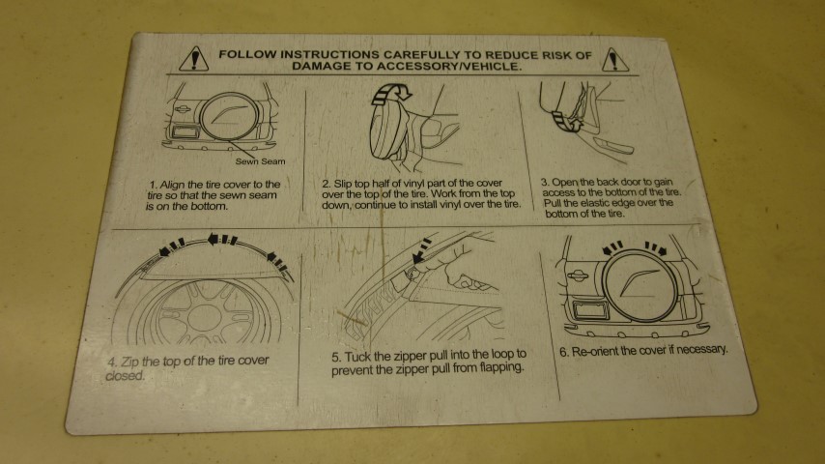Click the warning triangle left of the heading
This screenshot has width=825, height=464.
pyautogui.click(x=193, y=60)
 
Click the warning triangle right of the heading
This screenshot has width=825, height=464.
pyautogui.click(x=614, y=60)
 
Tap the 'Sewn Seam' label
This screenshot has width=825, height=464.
pyautogui.click(x=260, y=161)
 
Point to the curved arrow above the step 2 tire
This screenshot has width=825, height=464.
pyautogui.click(x=391, y=93)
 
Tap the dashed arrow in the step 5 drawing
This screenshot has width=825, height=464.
pyautogui.click(x=422, y=251)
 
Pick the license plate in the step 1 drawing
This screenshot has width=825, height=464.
pyautogui.click(x=184, y=131)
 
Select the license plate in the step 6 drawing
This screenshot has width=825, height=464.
pyautogui.click(x=590, y=309)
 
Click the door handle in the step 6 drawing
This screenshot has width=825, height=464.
pyautogui.click(x=577, y=275)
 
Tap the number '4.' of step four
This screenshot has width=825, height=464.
pyautogui.click(x=113, y=362)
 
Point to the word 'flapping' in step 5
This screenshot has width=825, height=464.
pyautogui.click(x=500, y=367)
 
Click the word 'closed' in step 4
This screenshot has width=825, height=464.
pyautogui.click(x=125, y=375)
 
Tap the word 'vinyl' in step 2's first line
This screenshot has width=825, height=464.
pyautogui.click(x=402, y=184)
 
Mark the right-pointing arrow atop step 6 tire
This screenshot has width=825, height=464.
pyautogui.click(x=656, y=248)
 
